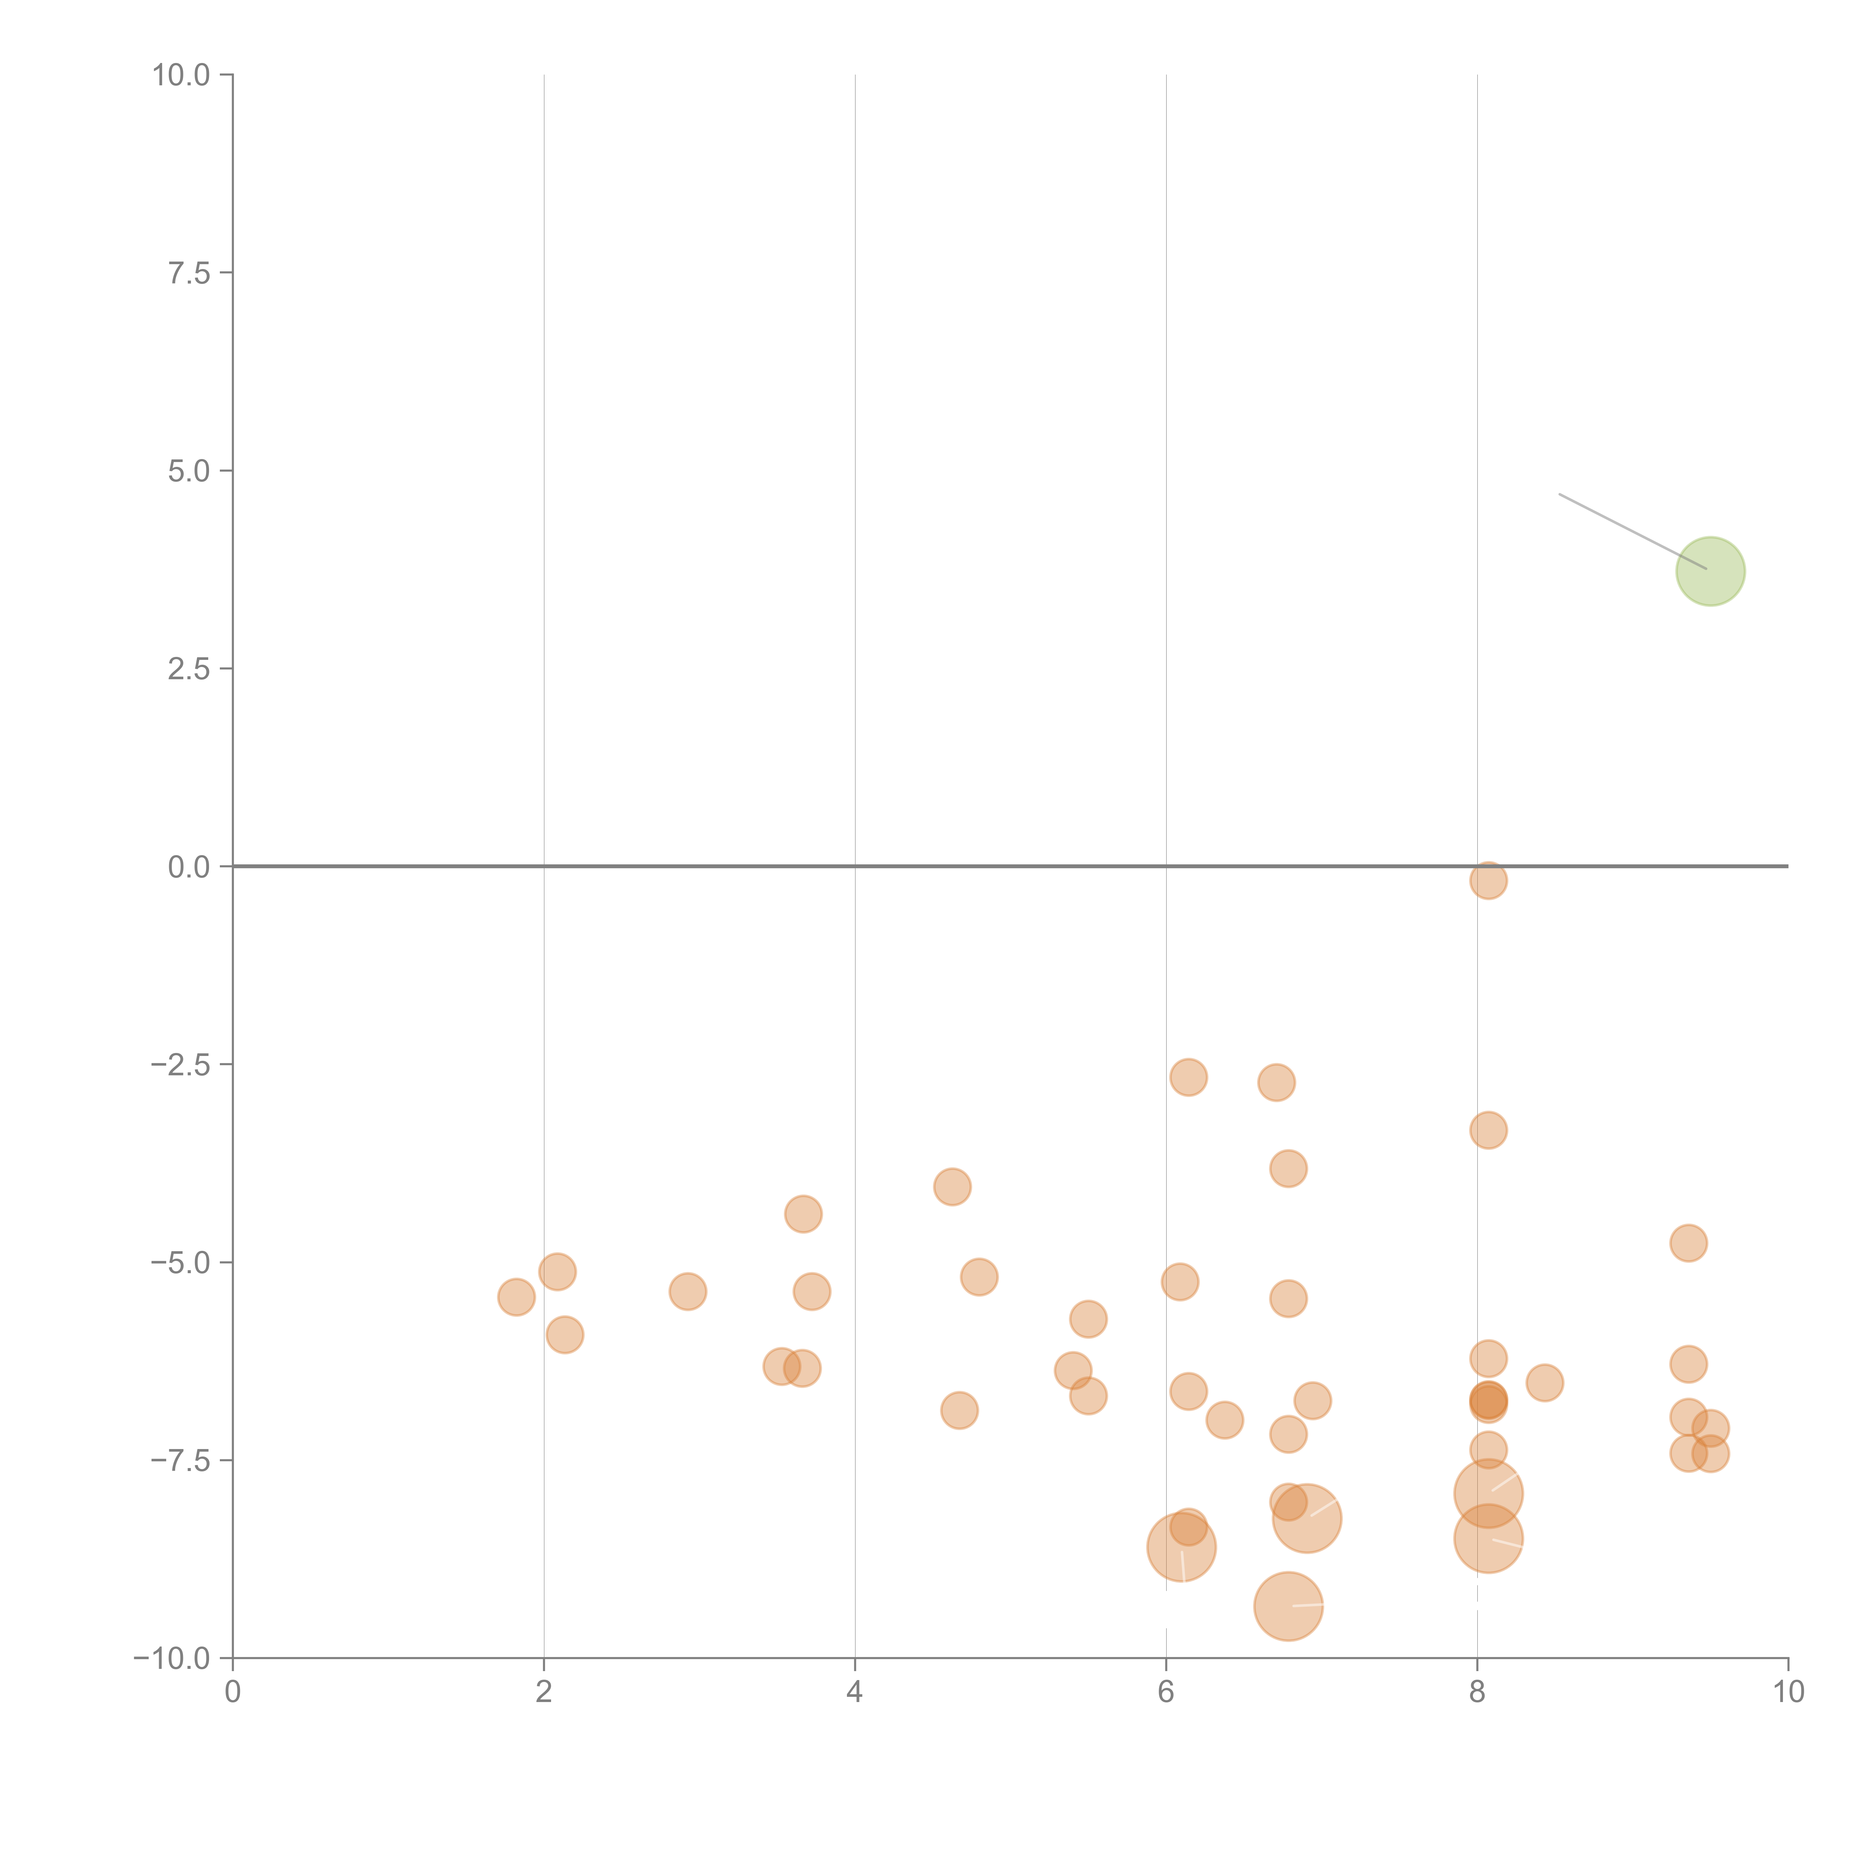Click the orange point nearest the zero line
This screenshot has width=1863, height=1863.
1488,880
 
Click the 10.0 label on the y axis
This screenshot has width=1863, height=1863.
181,75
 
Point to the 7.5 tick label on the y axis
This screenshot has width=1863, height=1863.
189,273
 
